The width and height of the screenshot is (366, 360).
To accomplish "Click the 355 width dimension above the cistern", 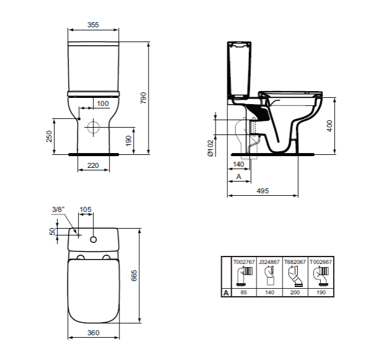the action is coord(93,25).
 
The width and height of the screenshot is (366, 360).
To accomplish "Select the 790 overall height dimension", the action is coord(144,98).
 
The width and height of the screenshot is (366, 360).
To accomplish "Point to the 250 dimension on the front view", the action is coord(49,136).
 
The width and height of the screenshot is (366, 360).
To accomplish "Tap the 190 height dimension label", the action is coord(129,141).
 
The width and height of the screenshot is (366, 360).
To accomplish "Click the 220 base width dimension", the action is coord(93,165).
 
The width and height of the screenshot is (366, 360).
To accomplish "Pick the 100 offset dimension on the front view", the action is coord(103,103).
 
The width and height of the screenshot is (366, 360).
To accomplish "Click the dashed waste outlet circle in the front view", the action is coord(94,127).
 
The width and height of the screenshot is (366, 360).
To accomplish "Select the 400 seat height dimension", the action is coord(329,126).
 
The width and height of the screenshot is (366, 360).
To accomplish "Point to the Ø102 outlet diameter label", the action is coord(211,148).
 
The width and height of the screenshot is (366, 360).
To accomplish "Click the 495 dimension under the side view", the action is coord(263,191).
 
